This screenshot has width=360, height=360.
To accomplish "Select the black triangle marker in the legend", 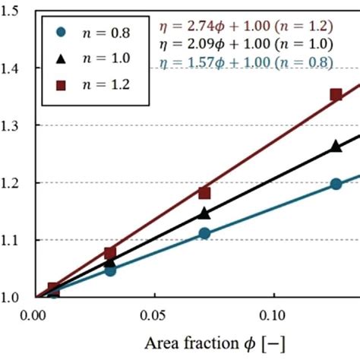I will coord(62,58).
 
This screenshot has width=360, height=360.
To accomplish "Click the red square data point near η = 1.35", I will coord(336,95).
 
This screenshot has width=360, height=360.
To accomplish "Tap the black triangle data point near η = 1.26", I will coord(336,147).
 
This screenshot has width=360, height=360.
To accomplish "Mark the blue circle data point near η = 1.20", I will coord(336,184).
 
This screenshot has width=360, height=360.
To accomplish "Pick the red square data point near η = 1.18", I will coord(204,193).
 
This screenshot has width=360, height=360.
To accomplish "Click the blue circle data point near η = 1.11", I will coord(204,233).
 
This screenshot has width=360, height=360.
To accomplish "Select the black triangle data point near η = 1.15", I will coord(204,213).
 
